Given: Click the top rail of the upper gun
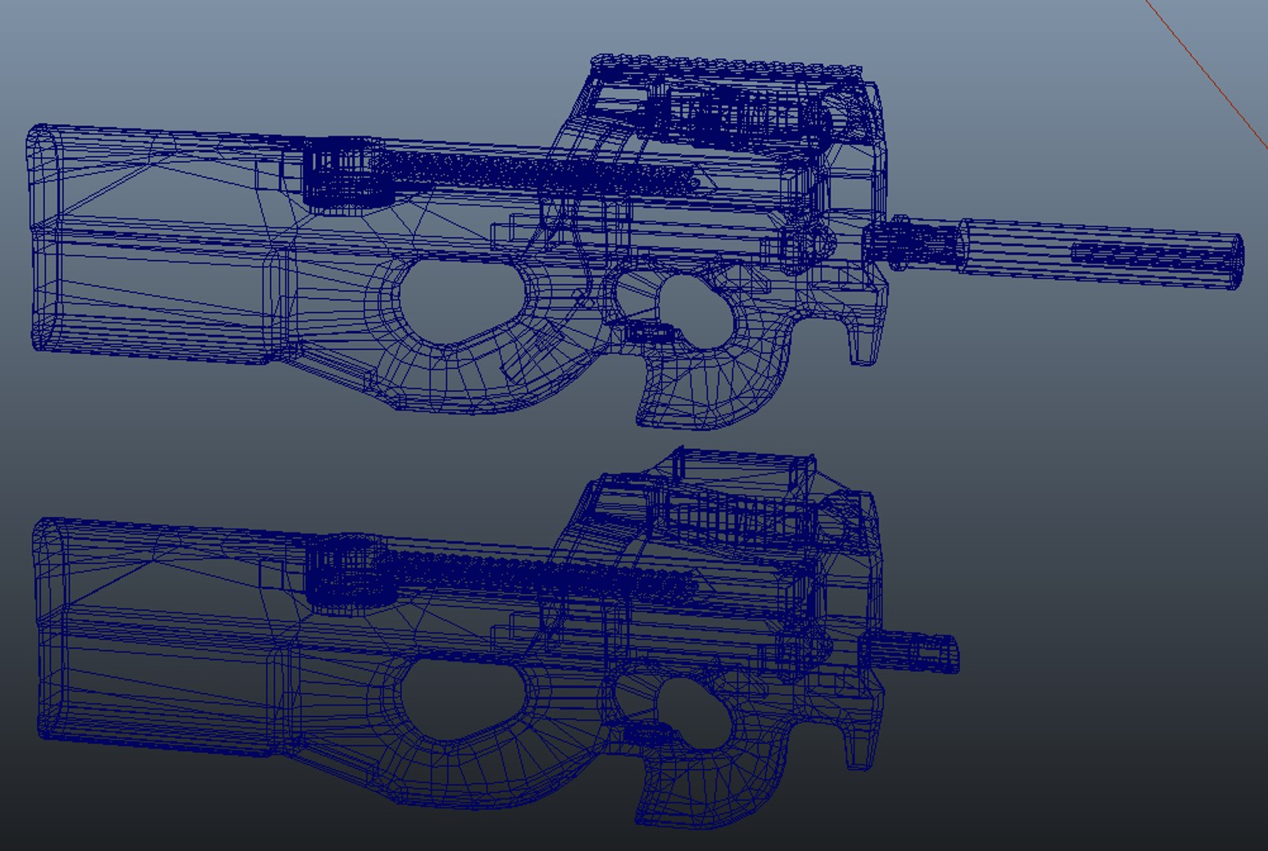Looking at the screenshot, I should point(725,67).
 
